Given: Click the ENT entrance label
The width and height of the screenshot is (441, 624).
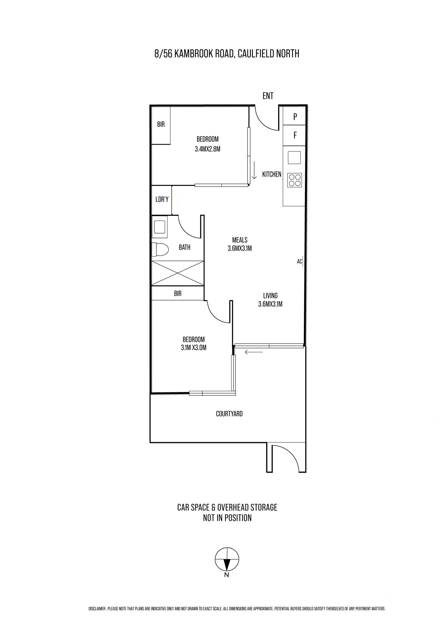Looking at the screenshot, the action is click(268, 96).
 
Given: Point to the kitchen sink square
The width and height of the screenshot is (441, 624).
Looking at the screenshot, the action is click(294, 158).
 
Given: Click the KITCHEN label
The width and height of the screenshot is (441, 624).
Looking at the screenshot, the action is click(271, 175).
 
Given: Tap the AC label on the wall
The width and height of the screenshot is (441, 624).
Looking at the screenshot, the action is click(300, 261).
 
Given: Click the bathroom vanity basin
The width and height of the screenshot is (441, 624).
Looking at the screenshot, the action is click(159, 227).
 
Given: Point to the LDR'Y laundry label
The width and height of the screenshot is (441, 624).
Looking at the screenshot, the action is click(162, 200).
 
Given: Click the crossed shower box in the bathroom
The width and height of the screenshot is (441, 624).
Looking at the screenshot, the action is click(178, 273).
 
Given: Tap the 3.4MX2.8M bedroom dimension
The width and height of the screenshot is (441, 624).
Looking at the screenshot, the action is click(207, 149).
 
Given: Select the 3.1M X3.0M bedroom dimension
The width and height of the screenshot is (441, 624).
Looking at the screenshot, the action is click(194, 347).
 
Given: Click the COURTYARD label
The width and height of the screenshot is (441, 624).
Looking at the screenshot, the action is click(229, 414).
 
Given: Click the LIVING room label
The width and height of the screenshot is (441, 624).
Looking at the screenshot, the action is click(271, 295).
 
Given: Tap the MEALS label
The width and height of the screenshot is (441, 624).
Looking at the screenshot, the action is click(240, 240).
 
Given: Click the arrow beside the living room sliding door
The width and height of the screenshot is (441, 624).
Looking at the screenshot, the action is click(254, 352).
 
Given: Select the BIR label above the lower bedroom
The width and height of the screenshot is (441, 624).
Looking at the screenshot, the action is click(178, 294).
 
